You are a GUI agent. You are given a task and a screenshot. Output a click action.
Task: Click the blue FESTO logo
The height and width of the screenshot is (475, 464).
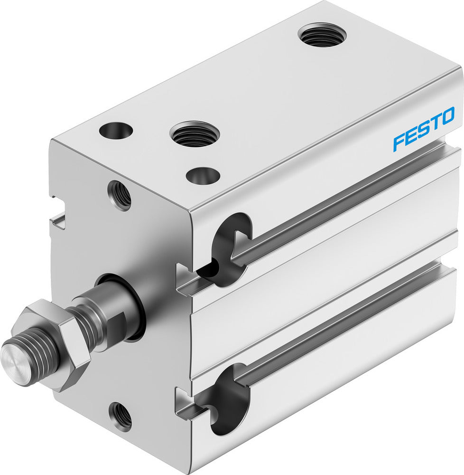424,129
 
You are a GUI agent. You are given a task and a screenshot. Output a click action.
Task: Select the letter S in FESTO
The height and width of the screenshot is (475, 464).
423,130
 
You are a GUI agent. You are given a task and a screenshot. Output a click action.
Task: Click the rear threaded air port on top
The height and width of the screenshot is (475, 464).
322,35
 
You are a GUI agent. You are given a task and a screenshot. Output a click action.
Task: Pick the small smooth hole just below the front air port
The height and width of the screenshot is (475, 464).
203,176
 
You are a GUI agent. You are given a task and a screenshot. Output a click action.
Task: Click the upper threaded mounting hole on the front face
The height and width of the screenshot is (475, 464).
121,195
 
